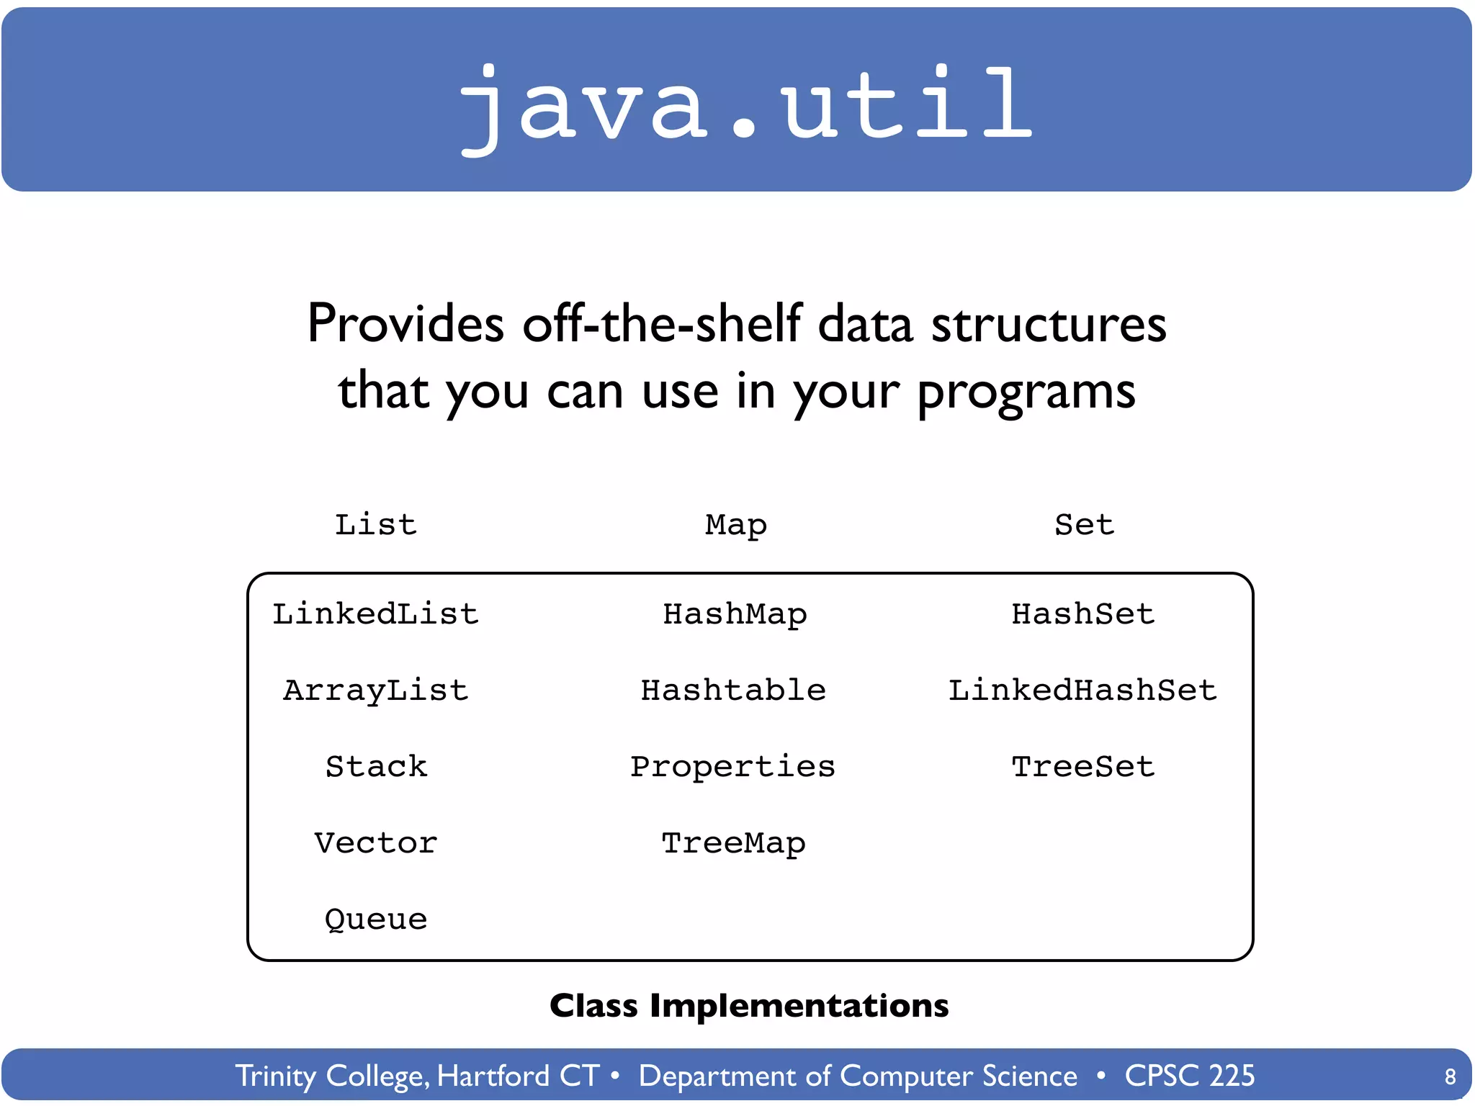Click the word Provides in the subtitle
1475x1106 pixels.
(x=405, y=323)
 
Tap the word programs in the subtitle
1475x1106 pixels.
(x=1026, y=392)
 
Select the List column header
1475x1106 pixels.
(x=375, y=524)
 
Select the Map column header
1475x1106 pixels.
(x=735, y=524)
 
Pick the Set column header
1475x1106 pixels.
(x=1084, y=524)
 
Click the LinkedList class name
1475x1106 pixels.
(x=375, y=614)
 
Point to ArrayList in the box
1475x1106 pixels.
(x=375, y=691)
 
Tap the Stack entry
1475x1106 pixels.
(x=375, y=767)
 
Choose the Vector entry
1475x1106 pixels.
(x=375, y=843)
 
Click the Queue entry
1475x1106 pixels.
(x=375, y=920)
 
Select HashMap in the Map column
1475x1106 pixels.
(x=734, y=614)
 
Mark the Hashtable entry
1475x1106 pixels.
(x=732, y=691)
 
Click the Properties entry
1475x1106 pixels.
(x=732, y=767)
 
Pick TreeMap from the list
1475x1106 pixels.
(x=733, y=843)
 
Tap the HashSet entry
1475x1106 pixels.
(x=1082, y=614)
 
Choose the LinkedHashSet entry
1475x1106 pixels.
(x=1082, y=691)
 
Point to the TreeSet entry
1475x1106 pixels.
(x=1082, y=767)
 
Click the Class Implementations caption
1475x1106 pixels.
(x=749, y=1006)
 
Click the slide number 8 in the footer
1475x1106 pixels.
(x=1450, y=1076)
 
